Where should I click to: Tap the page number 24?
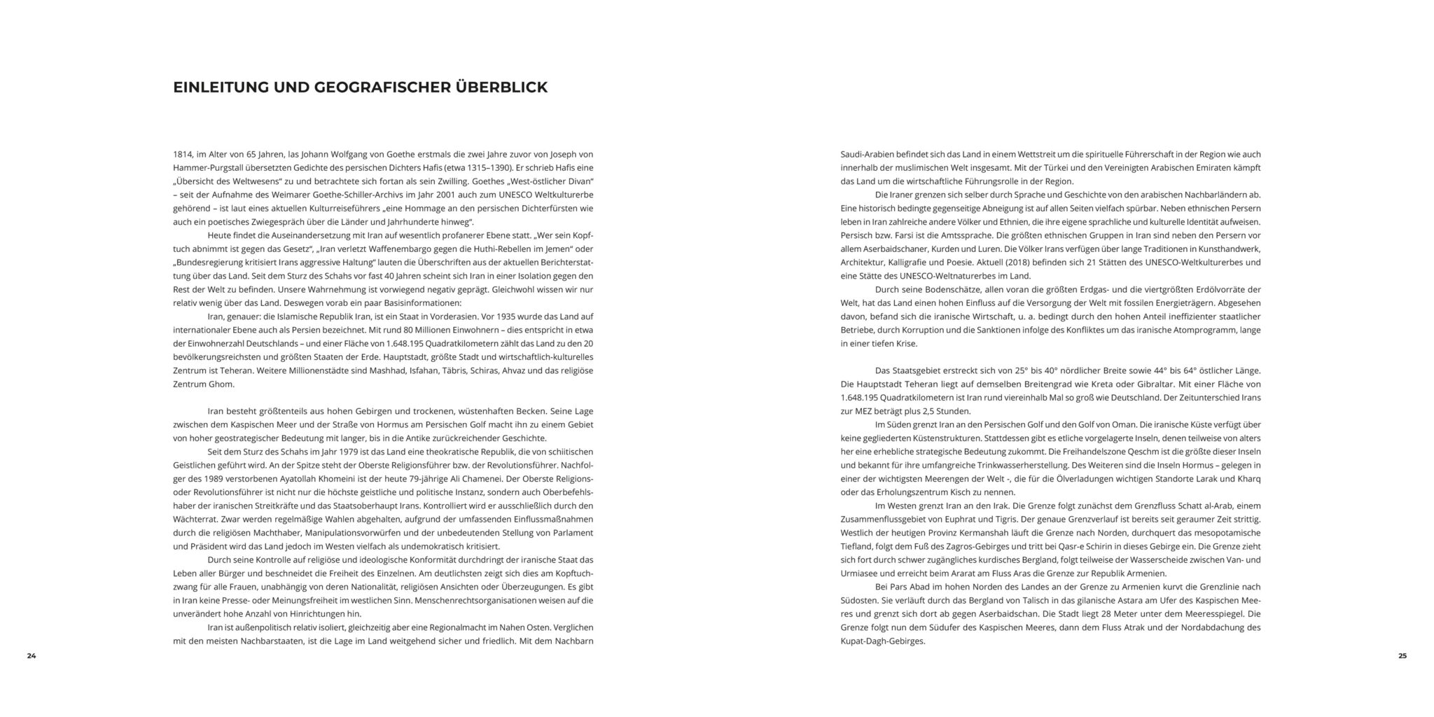pyautogui.click(x=32, y=655)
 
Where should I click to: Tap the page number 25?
pyautogui.click(x=1402, y=655)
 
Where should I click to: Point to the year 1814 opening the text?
pyautogui.click(x=183, y=154)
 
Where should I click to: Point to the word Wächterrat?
pyautogui.click(x=195, y=519)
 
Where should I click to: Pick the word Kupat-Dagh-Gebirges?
pyautogui.click(x=883, y=641)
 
